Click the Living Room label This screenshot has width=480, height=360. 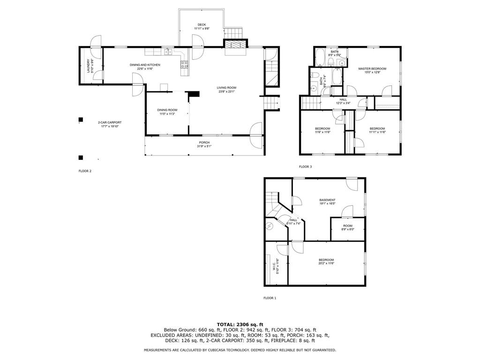click(226, 88)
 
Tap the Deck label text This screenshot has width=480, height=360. click(202, 25)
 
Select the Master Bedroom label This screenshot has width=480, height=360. click(372, 69)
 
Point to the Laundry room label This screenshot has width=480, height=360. click(88, 66)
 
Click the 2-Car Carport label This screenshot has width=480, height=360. click(106, 122)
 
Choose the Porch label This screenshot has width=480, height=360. click(204, 142)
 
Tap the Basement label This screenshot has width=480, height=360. click(327, 200)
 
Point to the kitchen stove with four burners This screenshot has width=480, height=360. click(185, 64)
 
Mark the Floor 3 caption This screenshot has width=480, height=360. click(305, 167)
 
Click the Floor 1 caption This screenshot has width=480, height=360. click(270, 298)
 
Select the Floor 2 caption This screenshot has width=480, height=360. click(85, 171)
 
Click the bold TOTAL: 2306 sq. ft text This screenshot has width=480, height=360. click(240, 324)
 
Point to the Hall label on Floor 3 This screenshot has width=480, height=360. click(343, 99)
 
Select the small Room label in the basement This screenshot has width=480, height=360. click(347, 226)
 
